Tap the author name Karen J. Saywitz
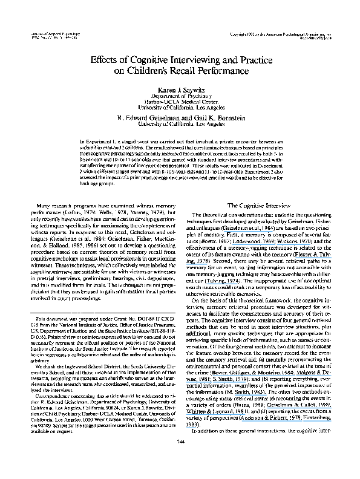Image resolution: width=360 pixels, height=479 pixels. point(180,89)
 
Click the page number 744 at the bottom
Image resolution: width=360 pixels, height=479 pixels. point(180,458)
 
